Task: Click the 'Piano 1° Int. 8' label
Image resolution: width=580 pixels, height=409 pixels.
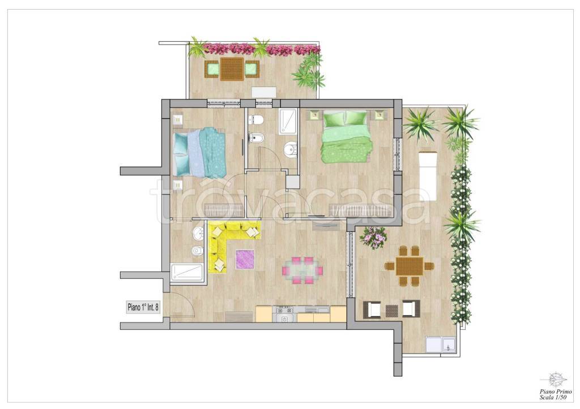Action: (143, 307)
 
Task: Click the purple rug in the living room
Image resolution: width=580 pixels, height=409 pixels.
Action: (245, 259)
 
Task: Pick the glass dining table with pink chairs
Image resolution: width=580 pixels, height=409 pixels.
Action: (302, 271)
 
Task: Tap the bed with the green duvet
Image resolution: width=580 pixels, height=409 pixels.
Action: (346, 137)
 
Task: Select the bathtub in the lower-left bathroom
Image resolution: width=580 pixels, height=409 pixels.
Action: (187, 272)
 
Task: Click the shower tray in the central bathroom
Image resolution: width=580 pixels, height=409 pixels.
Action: (289, 122)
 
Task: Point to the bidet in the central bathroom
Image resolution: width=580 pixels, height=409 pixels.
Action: (255, 139)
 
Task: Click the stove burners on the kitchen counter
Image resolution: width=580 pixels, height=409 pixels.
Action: (284, 309)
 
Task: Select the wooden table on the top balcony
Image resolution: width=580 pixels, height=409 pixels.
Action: (232, 69)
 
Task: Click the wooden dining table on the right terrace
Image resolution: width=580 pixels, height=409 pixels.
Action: (410, 266)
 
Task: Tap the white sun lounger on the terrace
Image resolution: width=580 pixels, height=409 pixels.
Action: (428, 175)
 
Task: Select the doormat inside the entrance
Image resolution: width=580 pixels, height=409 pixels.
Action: (239, 317)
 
